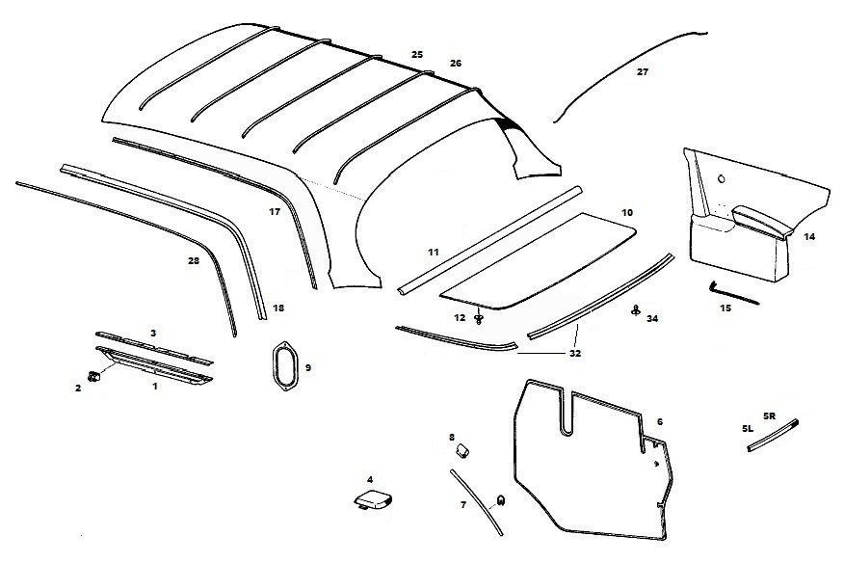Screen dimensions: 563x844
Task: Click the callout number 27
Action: pos(643,71)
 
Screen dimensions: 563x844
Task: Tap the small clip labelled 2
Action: pos(94,376)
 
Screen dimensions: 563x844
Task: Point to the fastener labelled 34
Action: pos(636,309)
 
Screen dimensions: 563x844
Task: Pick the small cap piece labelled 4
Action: pos(372,501)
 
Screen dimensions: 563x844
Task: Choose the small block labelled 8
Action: pos(461,447)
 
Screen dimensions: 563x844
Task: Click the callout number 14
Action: pos(808,236)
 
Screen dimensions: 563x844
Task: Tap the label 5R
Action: pos(769,416)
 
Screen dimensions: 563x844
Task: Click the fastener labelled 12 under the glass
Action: pos(479,319)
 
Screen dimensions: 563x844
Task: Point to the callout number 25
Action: pos(416,55)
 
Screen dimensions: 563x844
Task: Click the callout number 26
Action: pos(455,64)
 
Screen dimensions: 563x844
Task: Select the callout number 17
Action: pos(275,211)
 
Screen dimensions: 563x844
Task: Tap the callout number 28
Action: pos(194,260)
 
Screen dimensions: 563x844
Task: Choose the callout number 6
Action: pos(659,422)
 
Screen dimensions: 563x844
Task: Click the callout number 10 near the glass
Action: pos(627,211)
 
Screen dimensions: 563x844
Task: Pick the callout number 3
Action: pos(152,333)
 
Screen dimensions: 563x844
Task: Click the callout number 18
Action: pos(278,308)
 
